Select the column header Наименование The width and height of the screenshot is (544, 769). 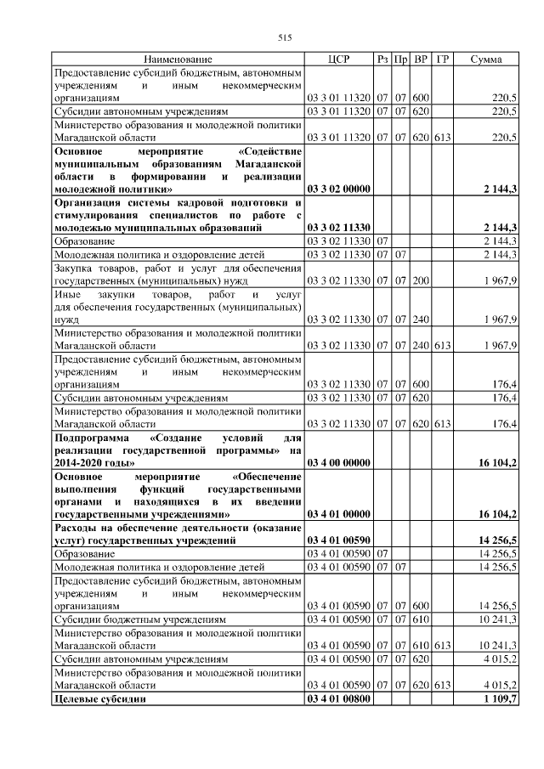pos(178,59)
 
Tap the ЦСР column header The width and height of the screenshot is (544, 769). pos(338,59)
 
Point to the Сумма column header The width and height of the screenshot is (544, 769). pos(485,59)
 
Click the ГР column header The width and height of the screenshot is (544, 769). pos(442,59)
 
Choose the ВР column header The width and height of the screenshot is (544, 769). pos(421,59)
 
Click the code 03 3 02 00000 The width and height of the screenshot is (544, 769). pos(338,189)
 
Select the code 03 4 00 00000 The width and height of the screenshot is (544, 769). pos(338,462)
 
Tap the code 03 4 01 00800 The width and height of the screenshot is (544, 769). pos(338,698)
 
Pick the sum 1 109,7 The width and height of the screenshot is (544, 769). pos(501,698)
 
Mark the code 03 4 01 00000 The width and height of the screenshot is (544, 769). pos(338,515)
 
